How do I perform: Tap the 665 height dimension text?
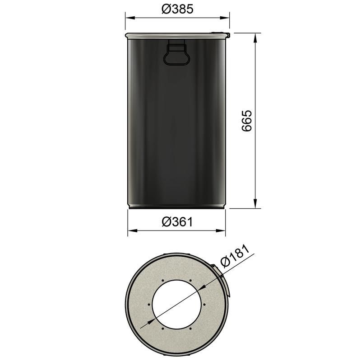coord(246,121)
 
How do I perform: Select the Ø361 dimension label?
coord(177,222)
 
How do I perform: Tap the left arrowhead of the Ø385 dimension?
coord(129,18)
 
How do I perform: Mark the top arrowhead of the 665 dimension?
coord(255,37)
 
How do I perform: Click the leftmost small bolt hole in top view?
coord(149,304)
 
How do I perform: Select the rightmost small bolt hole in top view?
coord(204,304)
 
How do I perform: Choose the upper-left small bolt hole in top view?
coord(162,280)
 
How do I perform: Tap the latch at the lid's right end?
coord(227,34)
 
